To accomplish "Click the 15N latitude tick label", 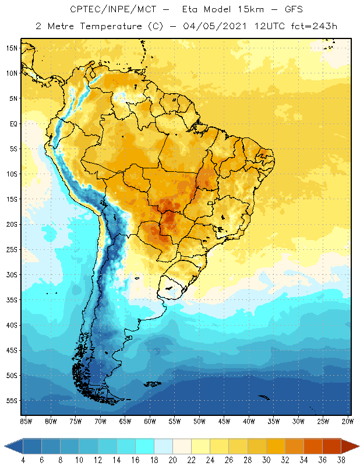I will (x=12, y=48).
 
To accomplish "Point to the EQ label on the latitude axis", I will (x=13, y=123).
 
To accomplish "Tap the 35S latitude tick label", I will (x=12, y=300).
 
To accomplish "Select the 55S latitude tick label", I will (x=12, y=401).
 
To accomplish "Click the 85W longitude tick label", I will (x=26, y=421).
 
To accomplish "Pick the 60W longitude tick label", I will (x=150, y=421).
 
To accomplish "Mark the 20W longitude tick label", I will (x=347, y=421).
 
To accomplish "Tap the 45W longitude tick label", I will (x=224, y=421).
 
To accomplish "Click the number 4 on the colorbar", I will (x=23, y=460).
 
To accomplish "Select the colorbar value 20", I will (x=172, y=460).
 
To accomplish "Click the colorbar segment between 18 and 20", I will (x=163, y=446).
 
